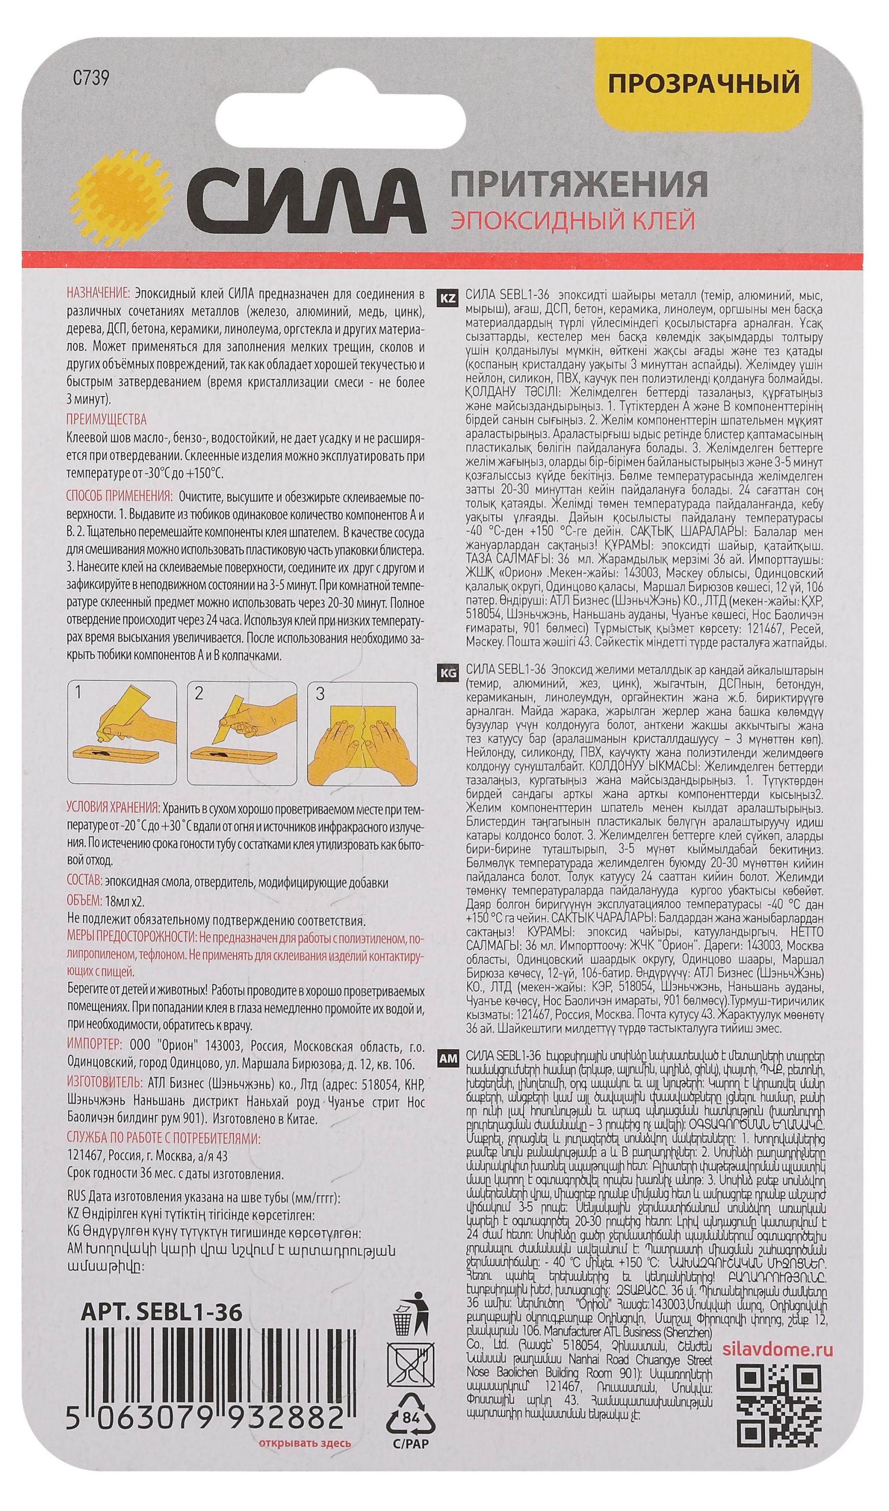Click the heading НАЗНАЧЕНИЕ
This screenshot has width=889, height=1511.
(98, 295)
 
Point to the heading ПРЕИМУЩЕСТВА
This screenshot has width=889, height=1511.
(106, 419)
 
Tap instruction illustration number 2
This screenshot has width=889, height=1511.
(243, 733)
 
